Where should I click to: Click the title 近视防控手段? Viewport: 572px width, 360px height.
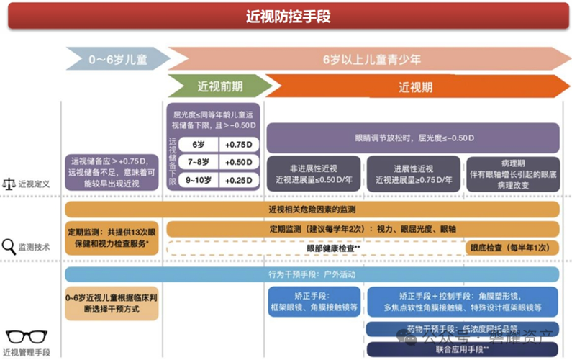tap(287, 16)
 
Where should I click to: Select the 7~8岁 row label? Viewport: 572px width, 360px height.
tap(195, 161)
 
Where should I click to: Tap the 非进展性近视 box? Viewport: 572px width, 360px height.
tap(314, 174)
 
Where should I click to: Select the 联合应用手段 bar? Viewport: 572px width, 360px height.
tap(462, 348)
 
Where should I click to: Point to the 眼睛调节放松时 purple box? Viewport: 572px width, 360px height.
tap(413, 137)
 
